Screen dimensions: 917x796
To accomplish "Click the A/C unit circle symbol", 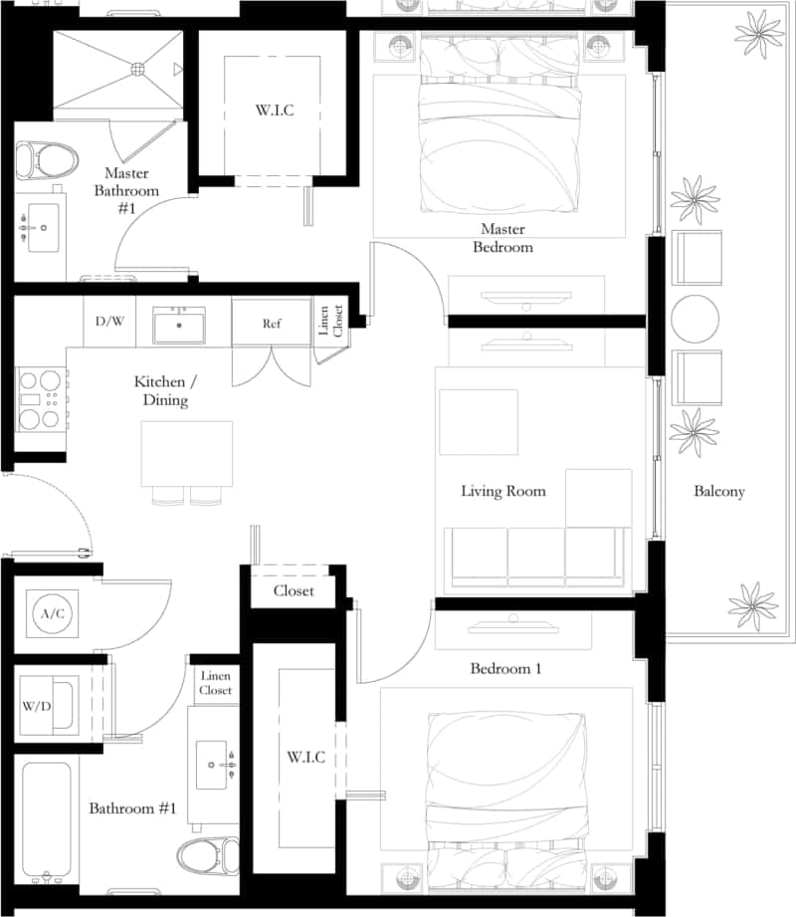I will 52,612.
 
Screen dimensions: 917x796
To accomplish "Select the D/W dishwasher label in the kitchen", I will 109,323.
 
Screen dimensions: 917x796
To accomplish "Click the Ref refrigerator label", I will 272,324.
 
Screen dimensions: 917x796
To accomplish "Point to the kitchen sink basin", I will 179,325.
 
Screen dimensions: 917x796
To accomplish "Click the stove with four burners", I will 41,399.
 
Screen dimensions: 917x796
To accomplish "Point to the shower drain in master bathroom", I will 138,69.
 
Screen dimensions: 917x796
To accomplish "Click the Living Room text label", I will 502,491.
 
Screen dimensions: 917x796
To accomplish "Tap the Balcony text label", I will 719,491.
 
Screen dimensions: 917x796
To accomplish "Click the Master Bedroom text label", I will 502,238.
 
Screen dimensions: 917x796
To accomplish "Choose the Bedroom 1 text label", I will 505,668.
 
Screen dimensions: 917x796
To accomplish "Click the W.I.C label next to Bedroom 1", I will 305,758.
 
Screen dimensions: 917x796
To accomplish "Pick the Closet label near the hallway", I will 294,590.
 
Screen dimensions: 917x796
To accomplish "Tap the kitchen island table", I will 187,453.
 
